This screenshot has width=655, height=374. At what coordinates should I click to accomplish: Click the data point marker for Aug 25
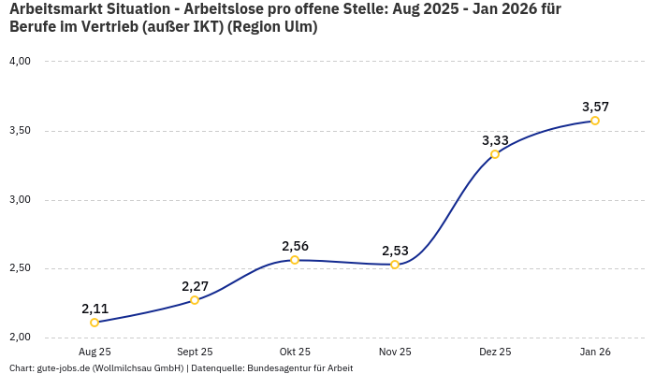95,323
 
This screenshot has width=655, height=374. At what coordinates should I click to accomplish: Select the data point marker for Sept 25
195,300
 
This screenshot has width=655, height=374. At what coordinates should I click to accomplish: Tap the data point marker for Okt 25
295,260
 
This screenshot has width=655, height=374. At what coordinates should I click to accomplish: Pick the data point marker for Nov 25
395,265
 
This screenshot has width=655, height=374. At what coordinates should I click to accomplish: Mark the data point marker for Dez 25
495,154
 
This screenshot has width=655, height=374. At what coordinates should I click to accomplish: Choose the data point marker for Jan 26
595,121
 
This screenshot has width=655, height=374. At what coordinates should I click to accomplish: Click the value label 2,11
95,309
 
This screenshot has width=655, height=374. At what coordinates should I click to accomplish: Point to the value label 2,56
295,246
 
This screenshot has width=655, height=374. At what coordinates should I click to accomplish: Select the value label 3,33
495,140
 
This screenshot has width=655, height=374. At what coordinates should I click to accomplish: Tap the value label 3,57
595,107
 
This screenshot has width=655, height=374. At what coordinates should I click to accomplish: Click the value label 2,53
395,251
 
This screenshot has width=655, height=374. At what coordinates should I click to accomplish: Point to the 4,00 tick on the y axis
21,62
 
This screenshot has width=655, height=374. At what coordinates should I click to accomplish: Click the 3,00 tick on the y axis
21,200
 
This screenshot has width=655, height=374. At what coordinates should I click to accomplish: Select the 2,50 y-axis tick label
21,269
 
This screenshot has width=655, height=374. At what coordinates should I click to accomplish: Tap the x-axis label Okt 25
295,352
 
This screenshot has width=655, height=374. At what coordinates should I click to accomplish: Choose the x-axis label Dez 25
495,352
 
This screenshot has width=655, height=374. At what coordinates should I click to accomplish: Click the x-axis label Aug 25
95,352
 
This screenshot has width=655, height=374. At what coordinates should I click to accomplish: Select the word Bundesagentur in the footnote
279,367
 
